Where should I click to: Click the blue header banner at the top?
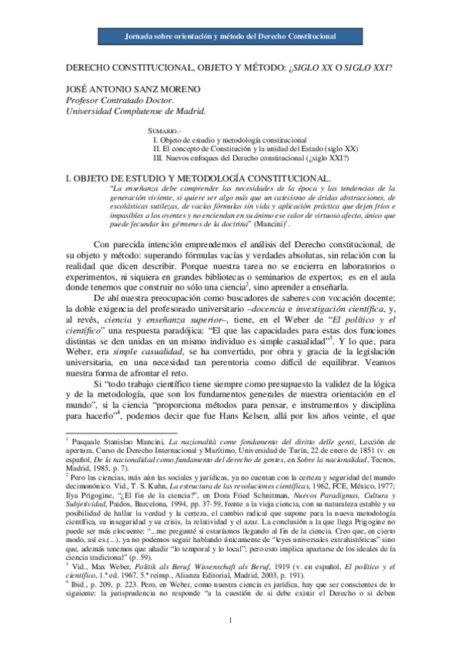pos(230,38)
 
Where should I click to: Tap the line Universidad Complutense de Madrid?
pos(134,110)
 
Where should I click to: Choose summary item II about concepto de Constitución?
pos(255,149)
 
